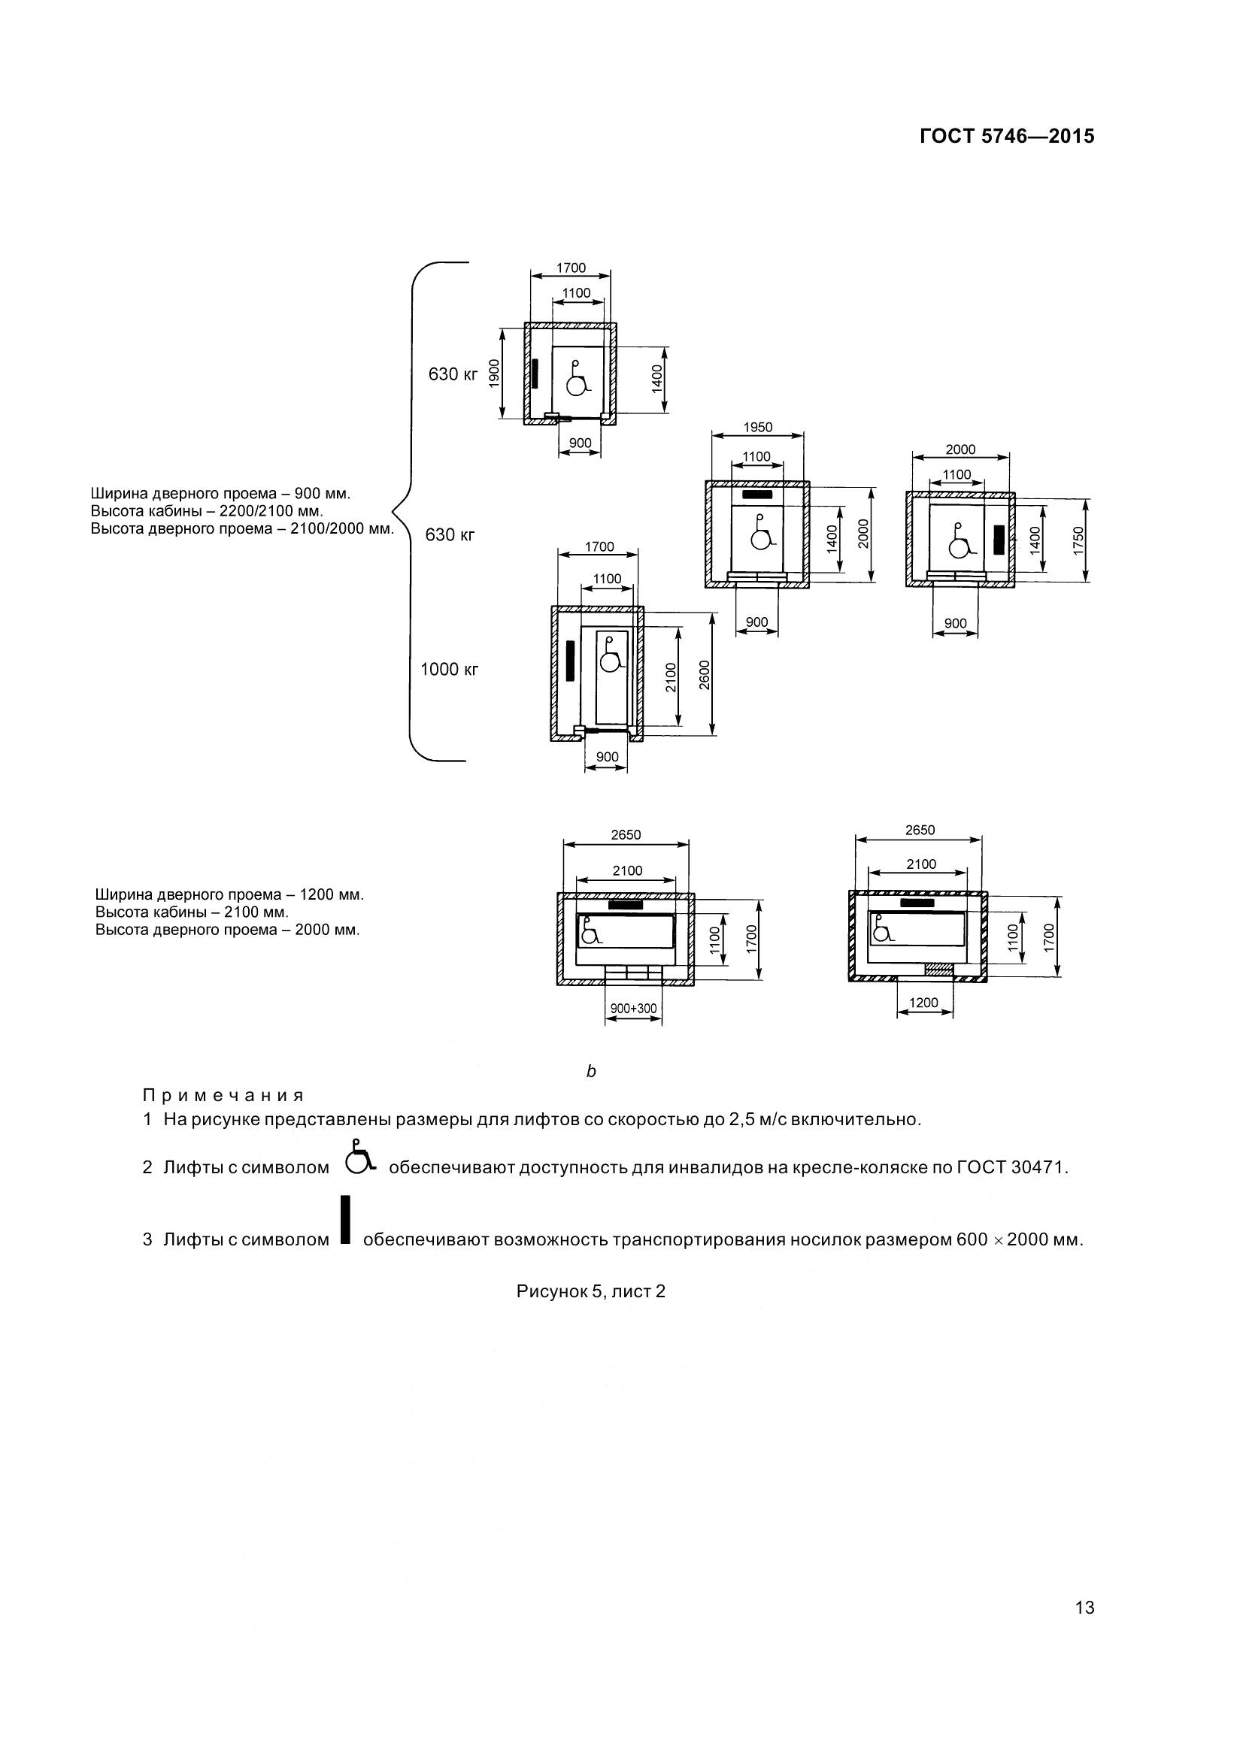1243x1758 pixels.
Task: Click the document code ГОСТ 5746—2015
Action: tap(1006, 136)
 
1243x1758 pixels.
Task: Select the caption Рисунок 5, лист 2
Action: tap(590, 1291)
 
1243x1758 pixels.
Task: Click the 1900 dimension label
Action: tap(495, 374)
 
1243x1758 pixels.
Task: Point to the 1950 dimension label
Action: tap(757, 427)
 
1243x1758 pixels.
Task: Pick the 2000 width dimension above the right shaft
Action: tap(960, 449)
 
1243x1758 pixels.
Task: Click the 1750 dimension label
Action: tap(1079, 540)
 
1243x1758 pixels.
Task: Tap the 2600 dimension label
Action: tap(705, 674)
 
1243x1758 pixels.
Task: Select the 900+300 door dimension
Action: tap(633, 1009)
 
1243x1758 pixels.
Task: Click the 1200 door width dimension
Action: tap(923, 1003)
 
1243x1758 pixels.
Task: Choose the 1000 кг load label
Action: tap(449, 669)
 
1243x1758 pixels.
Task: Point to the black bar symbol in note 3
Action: tap(345, 1219)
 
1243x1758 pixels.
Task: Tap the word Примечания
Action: tap(223, 1095)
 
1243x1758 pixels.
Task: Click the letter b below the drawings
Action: tap(590, 1071)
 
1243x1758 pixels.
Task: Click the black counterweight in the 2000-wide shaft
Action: tap(999, 540)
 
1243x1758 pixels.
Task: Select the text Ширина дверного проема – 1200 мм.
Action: tap(229, 894)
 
